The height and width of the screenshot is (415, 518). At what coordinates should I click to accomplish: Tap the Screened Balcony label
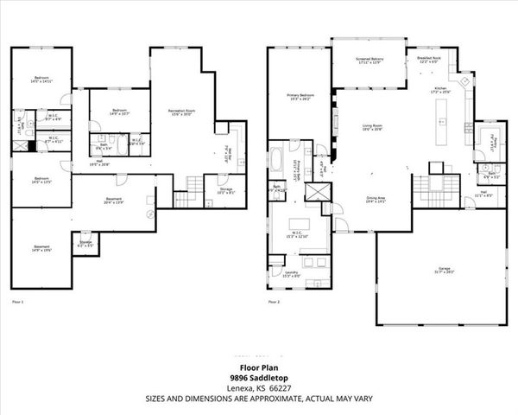pos(370,61)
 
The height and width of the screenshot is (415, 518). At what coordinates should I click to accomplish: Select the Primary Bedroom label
pos(300,97)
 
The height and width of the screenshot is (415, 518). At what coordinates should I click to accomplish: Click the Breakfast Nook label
pos(429,60)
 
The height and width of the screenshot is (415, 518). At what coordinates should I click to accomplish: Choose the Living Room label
pos(372,127)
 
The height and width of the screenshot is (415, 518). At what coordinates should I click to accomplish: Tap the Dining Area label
pos(373,198)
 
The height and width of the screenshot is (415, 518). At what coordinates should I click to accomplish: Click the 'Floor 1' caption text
pos(18,302)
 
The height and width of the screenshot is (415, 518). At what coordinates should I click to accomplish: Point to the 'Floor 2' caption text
pos(274,302)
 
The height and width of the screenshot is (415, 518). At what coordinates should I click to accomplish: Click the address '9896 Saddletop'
pos(258,378)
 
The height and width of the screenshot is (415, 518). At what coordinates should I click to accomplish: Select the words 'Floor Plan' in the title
pos(258,367)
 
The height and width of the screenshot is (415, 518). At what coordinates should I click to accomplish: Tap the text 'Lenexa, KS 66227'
pos(258,388)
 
